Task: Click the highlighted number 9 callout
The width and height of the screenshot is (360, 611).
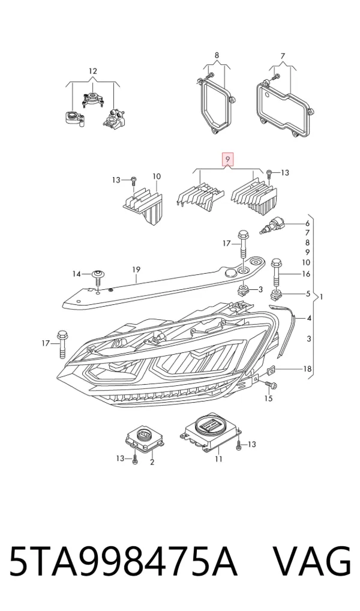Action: pyautogui.click(x=228, y=160)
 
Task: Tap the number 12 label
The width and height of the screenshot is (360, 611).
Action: pyautogui.click(x=93, y=71)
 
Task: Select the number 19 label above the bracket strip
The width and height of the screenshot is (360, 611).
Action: pyautogui.click(x=136, y=269)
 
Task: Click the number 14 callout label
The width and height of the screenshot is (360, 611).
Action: pyautogui.click(x=76, y=274)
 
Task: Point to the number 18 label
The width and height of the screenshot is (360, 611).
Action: pyautogui.click(x=307, y=369)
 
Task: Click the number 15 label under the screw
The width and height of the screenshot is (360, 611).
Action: pyautogui.click(x=268, y=399)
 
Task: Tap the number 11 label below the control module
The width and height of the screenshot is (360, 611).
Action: pyautogui.click(x=218, y=459)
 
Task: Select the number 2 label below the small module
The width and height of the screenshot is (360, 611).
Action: pyautogui.click(x=152, y=462)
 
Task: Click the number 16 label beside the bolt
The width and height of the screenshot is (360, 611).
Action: pyautogui.click(x=306, y=274)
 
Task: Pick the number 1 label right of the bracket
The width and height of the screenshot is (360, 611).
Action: pyautogui.click(x=322, y=297)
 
